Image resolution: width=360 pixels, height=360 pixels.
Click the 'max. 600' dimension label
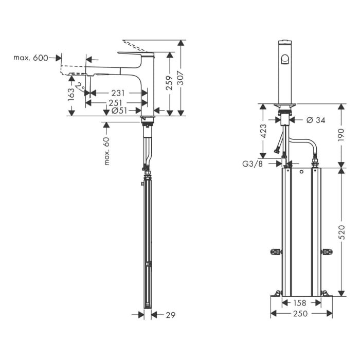[x=31, y=58]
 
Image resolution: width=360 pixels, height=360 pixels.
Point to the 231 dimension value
[x=118, y=93]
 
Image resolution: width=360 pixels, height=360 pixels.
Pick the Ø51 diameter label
[x=119, y=111]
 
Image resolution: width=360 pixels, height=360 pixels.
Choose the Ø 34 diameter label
[x=316, y=120]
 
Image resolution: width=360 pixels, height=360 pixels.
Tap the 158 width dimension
[x=301, y=303]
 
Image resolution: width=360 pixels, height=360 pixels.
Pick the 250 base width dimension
[x=301, y=313]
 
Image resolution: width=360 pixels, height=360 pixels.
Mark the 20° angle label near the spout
[x=79, y=87]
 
